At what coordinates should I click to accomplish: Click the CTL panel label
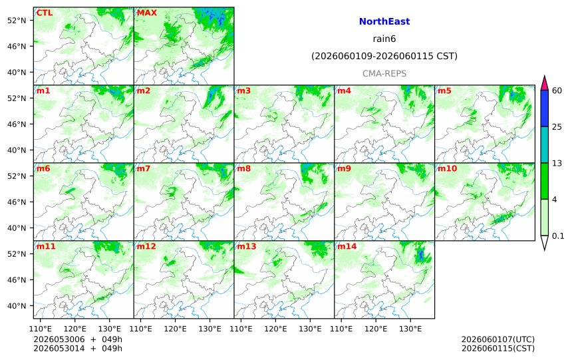tap(44, 13)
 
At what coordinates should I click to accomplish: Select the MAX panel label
tap(146, 13)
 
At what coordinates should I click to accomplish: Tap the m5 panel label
tap(444, 90)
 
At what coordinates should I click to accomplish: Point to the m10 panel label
tap(447, 168)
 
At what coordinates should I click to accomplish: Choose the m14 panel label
tap(347, 246)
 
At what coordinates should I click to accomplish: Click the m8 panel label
tap(243, 168)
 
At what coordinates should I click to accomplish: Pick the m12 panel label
tap(146, 246)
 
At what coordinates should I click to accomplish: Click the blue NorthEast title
tap(384, 21)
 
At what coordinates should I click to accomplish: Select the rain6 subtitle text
tap(384, 39)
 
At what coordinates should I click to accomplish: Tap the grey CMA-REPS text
tap(384, 73)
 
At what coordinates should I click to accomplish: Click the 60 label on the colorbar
tap(557, 90)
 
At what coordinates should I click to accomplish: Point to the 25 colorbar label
tap(557, 127)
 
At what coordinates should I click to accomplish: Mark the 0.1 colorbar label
tap(558, 236)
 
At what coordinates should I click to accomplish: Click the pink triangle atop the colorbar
tap(544, 83)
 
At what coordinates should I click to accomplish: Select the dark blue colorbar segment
tap(544, 108)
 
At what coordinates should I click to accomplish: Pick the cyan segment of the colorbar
tap(544, 144)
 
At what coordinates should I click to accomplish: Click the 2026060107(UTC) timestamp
tap(498, 339)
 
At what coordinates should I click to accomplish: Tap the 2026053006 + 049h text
tap(78, 339)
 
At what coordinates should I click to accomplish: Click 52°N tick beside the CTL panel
tap(17, 21)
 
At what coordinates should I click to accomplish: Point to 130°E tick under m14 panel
tap(410, 329)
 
